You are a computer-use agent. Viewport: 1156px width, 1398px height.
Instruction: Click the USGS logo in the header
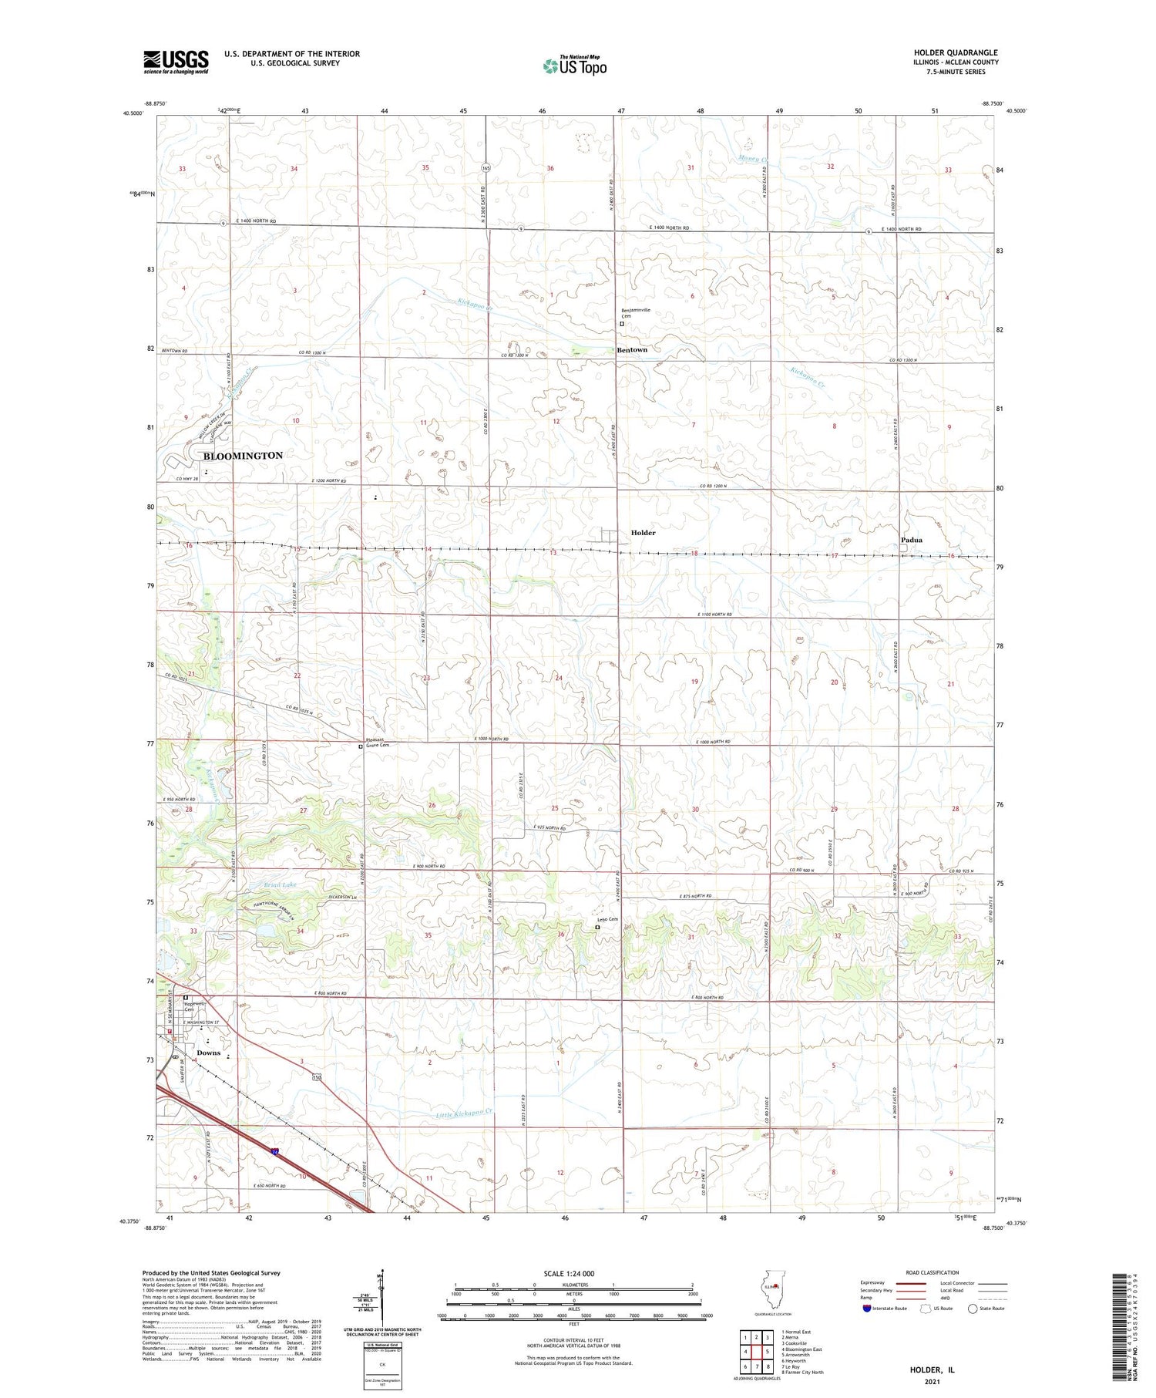tap(176, 62)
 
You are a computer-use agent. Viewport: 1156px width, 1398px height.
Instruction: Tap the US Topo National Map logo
tap(574, 66)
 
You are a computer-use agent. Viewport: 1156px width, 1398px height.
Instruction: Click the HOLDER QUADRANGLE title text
tap(953, 52)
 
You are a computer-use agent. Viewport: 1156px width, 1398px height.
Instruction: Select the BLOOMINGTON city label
tap(243, 456)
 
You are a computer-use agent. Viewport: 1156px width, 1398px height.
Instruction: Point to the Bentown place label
tap(632, 350)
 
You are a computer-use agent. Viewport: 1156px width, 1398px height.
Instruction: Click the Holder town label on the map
tap(643, 533)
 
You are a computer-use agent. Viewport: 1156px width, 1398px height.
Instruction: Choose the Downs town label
tap(208, 1053)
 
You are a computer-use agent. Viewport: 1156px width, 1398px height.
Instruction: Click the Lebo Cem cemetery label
tap(607, 919)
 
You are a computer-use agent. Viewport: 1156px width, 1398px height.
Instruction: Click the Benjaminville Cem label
tap(636, 312)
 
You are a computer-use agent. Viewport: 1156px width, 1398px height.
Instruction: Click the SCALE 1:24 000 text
tap(570, 1273)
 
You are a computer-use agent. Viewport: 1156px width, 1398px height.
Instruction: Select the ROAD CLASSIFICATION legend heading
tap(933, 1272)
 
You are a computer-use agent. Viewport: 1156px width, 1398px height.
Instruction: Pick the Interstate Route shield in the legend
tap(868, 1309)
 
